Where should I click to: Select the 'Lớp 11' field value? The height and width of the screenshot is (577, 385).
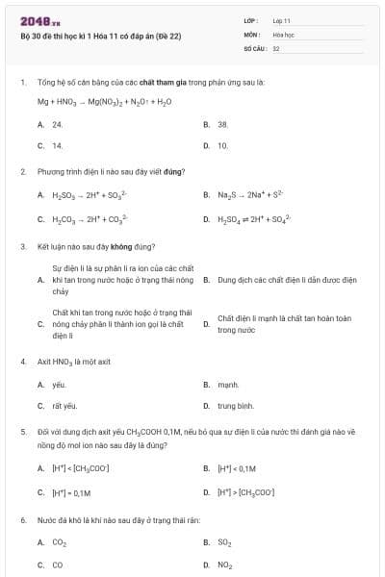pos(282,20)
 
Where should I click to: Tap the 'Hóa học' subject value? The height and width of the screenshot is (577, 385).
pos(284,34)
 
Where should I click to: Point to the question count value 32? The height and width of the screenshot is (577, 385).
pos(276,47)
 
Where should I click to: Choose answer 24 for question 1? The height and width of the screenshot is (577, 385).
pos(58,125)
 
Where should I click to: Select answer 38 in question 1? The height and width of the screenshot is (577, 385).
pos(223,125)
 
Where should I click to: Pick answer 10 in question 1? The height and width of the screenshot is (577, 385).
pos(223,146)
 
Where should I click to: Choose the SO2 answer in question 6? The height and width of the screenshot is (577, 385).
pos(225,542)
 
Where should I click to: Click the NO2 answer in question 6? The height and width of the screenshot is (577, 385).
pos(225,565)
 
